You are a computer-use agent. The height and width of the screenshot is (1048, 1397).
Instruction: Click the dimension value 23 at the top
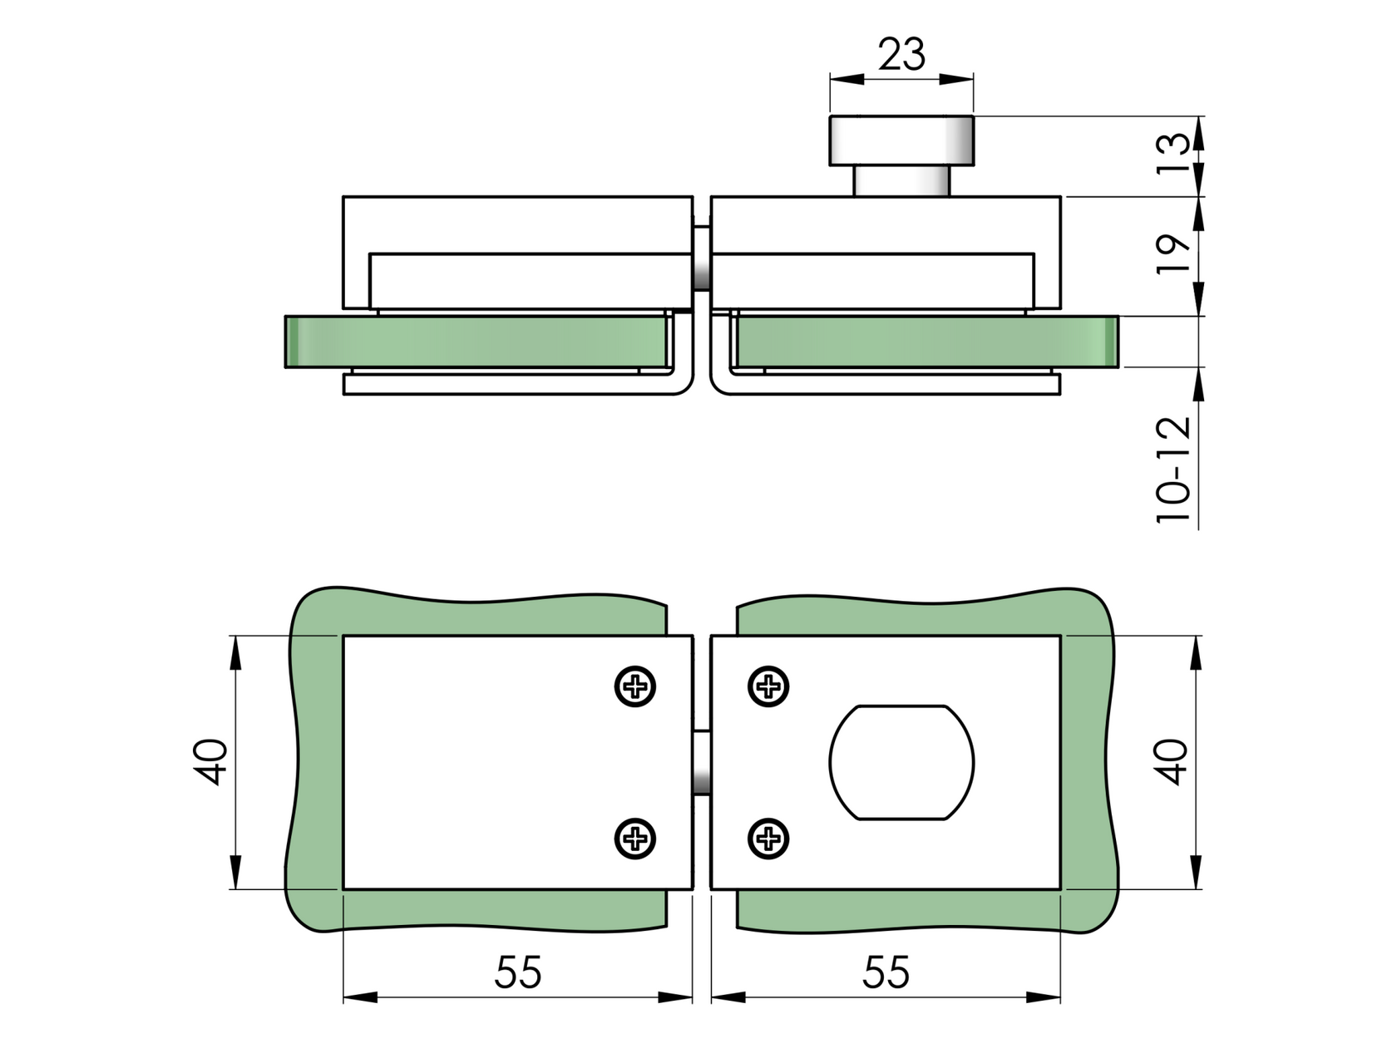(901, 56)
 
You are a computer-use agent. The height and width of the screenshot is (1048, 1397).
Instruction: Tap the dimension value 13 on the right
(1174, 155)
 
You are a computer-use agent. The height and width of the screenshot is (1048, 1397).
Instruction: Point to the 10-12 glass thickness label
(1174, 469)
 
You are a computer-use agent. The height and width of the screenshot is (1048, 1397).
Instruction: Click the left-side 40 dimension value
(211, 761)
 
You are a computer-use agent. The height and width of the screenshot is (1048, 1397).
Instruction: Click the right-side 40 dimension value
(1174, 761)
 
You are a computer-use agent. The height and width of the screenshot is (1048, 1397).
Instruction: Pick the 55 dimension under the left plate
(518, 972)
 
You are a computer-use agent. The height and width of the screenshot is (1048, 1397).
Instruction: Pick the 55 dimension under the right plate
(886, 972)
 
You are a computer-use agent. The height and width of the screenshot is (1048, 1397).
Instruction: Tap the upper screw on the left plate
(636, 687)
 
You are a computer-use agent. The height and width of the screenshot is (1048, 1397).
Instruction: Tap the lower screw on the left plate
(636, 838)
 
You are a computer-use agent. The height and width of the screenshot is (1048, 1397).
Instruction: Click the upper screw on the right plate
(768, 687)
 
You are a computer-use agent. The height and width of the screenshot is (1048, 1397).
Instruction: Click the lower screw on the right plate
(768, 838)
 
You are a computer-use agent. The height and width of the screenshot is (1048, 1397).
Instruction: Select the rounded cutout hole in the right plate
(901, 762)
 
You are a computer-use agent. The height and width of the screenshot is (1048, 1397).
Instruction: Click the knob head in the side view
(901, 140)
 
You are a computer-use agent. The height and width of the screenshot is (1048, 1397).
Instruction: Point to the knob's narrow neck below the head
(901, 180)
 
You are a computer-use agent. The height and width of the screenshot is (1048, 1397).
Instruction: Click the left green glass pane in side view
(474, 342)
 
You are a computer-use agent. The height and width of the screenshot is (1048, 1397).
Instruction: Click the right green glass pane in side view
(923, 342)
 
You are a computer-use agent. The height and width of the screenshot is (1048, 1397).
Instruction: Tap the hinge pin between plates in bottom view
(702, 762)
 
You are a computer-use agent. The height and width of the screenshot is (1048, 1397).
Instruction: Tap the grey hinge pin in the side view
(702, 258)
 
